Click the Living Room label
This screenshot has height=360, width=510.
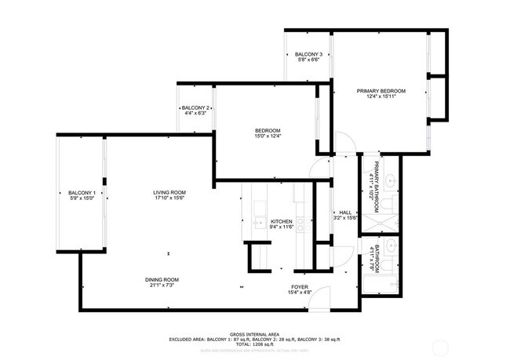point(169,193)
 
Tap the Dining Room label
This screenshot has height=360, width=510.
point(162,280)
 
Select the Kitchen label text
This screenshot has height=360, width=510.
point(281,222)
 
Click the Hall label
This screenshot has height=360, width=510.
point(345,213)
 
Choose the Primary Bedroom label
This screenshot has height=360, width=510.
point(381,92)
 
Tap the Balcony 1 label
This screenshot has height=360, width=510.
point(82,193)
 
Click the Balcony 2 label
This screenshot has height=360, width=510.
point(194,107)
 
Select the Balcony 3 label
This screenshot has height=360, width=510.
point(308,54)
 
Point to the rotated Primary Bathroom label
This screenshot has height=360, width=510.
point(377,187)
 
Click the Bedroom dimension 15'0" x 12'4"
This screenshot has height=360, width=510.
point(268,136)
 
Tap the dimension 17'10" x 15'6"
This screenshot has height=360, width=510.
point(169,199)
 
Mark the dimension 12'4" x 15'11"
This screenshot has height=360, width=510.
point(381,98)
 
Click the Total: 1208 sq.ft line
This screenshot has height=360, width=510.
point(254,345)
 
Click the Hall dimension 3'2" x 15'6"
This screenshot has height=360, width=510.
point(345,218)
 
